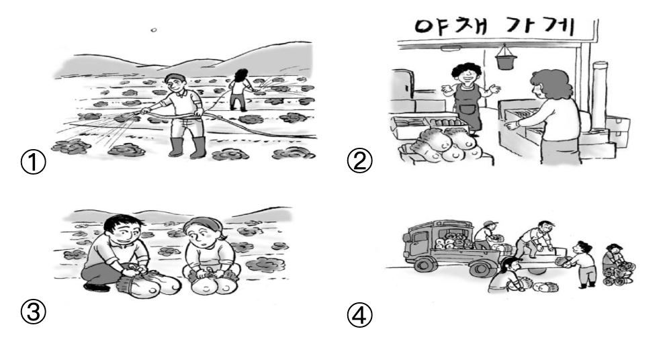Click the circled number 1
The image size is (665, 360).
point(33,163)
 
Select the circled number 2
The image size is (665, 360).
point(359,162)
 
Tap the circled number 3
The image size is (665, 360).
point(33,312)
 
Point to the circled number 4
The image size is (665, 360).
point(359,316)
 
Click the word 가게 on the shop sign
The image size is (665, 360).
point(540,26)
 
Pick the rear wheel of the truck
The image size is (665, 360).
point(481,269)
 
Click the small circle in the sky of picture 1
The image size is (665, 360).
point(154,30)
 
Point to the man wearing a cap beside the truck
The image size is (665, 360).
point(485,235)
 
